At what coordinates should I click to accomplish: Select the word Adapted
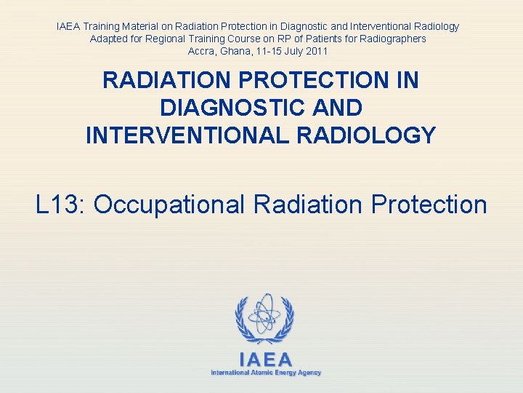[x=108, y=39]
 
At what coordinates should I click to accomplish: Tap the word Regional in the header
[x=165, y=39]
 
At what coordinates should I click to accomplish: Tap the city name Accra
[x=201, y=51]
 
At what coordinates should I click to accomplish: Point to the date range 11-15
[x=269, y=51]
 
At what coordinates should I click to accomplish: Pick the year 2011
[x=317, y=51]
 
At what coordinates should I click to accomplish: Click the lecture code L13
[x=60, y=205]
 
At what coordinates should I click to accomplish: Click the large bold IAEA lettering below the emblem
[x=265, y=360]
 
